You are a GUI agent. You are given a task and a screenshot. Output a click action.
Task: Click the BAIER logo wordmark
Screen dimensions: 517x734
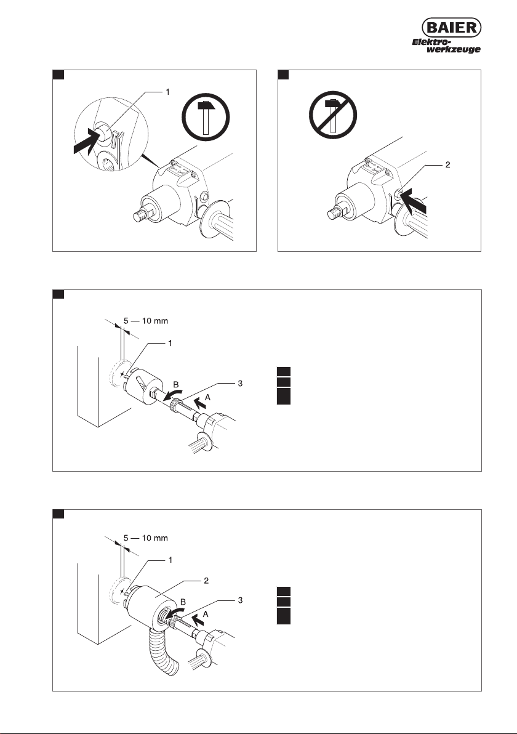[452, 28]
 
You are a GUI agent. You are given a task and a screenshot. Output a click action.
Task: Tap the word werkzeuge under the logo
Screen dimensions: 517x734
[454, 49]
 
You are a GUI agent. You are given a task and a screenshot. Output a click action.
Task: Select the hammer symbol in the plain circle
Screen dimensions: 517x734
[206, 118]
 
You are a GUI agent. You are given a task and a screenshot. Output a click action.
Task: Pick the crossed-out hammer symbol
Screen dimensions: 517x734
[332, 115]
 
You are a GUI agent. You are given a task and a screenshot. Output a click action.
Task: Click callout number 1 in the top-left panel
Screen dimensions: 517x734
[168, 92]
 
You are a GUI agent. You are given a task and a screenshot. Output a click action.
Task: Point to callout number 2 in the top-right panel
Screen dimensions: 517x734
[447, 165]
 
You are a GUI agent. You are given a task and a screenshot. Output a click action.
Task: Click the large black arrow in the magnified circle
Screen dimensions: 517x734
[88, 142]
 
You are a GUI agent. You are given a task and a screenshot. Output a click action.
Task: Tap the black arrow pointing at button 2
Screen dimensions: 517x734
[414, 202]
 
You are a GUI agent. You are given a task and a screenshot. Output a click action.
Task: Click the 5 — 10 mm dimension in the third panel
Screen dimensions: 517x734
[145, 321]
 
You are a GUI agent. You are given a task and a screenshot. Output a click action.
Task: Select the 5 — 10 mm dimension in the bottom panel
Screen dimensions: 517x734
[145, 538]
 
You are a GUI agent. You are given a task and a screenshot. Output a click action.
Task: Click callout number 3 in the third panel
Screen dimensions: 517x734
[240, 384]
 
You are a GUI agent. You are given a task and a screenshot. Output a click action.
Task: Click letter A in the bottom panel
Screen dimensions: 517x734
[205, 614]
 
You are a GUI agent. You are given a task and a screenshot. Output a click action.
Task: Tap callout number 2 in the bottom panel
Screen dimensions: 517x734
[206, 581]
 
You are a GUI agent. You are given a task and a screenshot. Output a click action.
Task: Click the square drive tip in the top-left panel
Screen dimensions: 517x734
[139, 216]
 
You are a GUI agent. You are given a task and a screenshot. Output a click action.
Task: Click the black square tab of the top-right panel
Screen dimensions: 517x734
[283, 75]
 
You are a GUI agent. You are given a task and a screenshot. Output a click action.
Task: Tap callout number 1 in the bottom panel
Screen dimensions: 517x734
[170, 560]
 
